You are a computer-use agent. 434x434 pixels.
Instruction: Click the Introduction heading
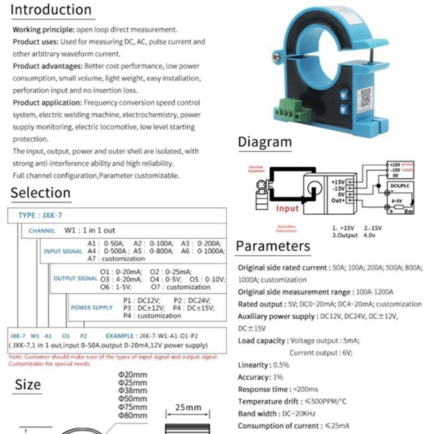pyautogui.click(x=51, y=10)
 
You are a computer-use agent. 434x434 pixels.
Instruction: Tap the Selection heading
pyautogui.click(x=41, y=192)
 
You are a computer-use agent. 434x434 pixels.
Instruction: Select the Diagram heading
pyautogui.click(x=265, y=142)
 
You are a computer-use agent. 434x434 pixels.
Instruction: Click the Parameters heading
pyautogui.click(x=273, y=247)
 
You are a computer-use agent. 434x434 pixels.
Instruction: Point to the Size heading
pyautogui.click(x=28, y=385)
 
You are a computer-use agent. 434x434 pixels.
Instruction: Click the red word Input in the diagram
pyautogui.click(x=286, y=208)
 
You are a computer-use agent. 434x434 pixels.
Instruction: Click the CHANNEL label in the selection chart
pyautogui.click(x=43, y=230)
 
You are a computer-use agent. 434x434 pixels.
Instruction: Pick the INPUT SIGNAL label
pyautogui.click(x=63, y=251)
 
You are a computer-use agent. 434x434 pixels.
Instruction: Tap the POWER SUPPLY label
pyautogui.click(x=92, y=307)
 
